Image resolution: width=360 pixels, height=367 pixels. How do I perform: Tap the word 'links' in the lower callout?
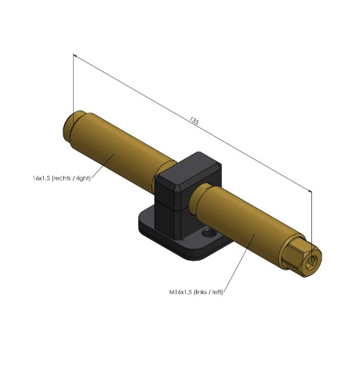pos(204,293)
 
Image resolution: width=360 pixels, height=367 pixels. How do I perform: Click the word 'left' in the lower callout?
pos(220,293)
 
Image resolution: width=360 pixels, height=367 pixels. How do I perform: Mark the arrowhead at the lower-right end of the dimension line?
pos(309,190)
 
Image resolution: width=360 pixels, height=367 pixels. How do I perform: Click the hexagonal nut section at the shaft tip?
pos(300,253)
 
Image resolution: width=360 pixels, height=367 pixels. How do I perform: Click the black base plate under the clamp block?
pos(167,229)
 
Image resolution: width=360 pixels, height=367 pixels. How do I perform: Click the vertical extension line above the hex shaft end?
pos(311,222)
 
